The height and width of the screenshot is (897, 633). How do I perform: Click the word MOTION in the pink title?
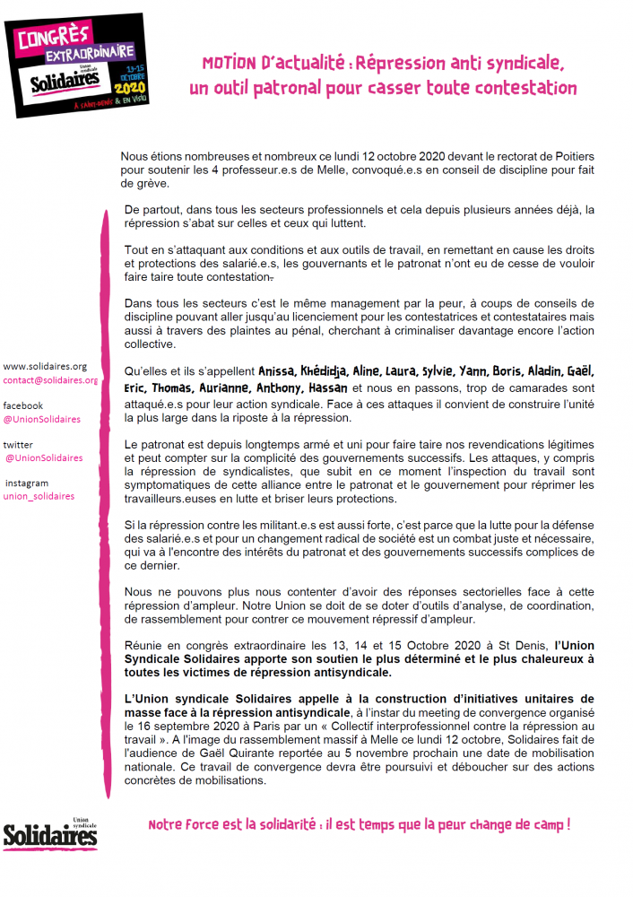228,64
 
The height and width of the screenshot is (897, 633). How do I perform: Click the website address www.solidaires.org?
45,366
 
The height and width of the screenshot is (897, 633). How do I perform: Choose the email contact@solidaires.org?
50,380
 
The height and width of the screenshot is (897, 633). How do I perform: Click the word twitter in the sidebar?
18,444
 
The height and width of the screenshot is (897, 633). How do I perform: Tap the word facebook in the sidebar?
23,405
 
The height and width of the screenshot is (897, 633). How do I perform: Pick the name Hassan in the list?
329,388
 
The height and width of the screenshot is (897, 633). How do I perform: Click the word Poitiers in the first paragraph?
569,156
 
